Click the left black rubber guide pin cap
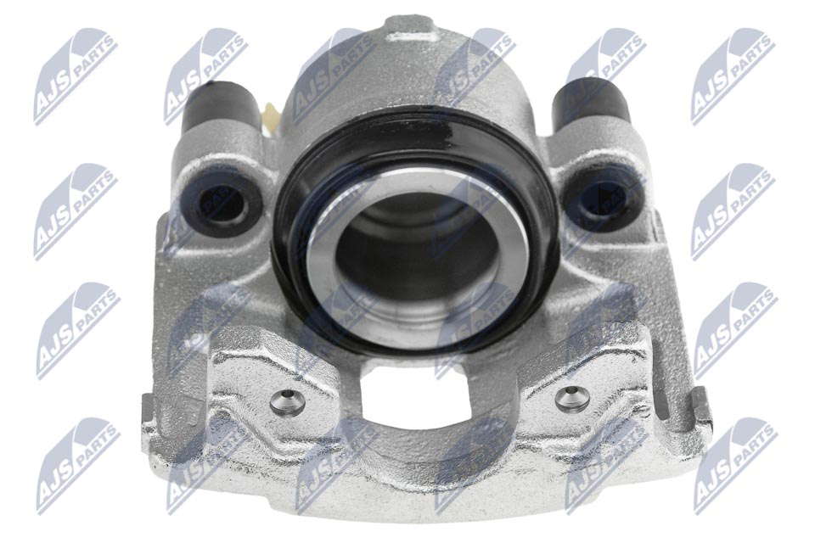tap(222, 107)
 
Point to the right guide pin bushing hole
tap(603, 198)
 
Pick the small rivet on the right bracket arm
tap(572, 398)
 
